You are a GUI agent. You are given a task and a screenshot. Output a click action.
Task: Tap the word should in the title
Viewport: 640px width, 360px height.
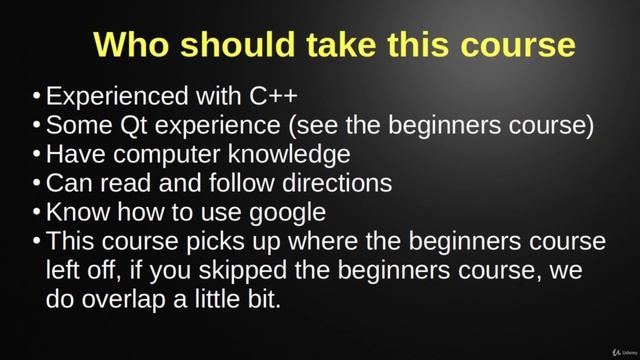(237, 45)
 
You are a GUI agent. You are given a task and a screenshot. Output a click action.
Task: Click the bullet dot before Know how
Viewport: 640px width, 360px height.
(36, 213)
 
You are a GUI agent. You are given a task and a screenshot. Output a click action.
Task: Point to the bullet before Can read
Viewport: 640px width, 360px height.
(36, 184)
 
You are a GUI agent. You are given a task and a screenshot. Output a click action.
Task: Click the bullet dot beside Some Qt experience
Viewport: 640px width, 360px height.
(36, 126)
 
